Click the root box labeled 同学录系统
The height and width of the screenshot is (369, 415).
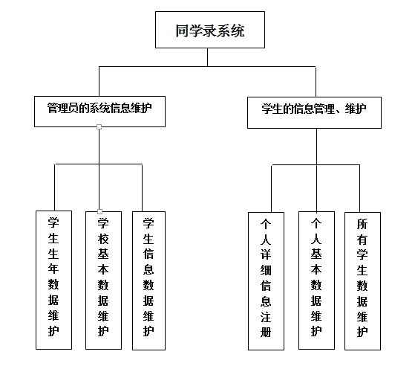point(210,30)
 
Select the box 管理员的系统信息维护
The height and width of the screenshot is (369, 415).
point(99,112)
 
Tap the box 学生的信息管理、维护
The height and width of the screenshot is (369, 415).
point(314,112)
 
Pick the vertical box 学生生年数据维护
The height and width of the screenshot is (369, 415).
point(53,280)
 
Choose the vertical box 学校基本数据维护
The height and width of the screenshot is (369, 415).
point(103,280)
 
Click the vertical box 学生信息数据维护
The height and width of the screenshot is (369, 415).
point(148,280)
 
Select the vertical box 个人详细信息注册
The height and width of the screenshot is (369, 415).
point(266,281)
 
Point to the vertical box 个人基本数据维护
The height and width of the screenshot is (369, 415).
point(316,280)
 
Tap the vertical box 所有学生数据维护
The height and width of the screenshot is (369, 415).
point(362,281)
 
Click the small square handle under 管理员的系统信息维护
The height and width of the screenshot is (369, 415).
point(99,126)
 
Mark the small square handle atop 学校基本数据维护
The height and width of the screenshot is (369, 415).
point(99,211)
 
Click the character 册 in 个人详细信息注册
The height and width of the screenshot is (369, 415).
point(266,332)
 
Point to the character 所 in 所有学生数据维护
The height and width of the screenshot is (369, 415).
point(362,224)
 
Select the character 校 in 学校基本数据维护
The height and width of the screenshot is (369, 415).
point(103,239)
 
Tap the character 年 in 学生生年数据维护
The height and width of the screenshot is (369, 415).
point(53,269)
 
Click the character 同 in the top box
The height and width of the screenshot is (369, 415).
point(183,31)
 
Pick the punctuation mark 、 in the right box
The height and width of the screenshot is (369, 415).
point(340,112)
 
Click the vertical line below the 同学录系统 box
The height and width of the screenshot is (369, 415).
point(208,57)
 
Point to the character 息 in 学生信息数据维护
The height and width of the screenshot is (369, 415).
point(148,269)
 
